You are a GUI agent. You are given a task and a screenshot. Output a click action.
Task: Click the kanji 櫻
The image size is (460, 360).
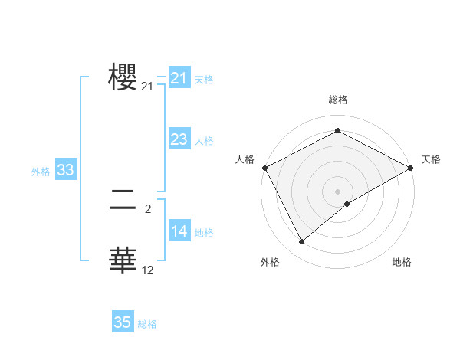tap(123, 77)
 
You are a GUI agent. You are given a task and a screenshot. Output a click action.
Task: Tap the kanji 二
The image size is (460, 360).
tap(123, 201)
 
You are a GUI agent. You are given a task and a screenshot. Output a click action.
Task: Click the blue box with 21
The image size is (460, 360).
tap(179, 78)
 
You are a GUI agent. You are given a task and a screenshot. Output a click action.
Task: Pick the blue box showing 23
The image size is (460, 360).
tap(179, 139)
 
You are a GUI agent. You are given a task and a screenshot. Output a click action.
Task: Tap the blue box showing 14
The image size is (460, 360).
tap(179, 231)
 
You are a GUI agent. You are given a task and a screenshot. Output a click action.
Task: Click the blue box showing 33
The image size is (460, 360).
tap(65, 171)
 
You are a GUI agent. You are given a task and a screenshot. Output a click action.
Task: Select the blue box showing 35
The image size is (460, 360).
tap(122, 322)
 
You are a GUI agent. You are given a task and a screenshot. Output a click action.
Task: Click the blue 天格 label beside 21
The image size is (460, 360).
tap(204, 80)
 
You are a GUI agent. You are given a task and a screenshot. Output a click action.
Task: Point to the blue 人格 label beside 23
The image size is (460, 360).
tap(204, 141)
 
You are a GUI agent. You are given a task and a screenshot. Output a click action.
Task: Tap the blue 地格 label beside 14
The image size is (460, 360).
tap(204, 233)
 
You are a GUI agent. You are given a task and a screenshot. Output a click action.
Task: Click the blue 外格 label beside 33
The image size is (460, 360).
tap(41, 172)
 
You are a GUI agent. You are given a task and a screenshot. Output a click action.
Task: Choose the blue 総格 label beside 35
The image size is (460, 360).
tap(147, 324)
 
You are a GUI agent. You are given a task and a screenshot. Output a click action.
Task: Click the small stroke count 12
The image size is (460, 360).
tap(148, 270)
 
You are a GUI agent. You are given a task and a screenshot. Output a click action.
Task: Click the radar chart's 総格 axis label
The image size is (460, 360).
tap(337, 100)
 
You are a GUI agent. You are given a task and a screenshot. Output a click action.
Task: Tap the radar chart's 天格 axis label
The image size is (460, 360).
tap(431, 159)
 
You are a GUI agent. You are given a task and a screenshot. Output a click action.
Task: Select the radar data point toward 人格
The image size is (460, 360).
tap(264, 167)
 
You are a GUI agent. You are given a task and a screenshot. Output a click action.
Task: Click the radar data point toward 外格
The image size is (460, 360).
tap(302, 242)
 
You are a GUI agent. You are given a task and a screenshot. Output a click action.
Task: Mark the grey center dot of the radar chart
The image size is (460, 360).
tap(337, 191)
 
